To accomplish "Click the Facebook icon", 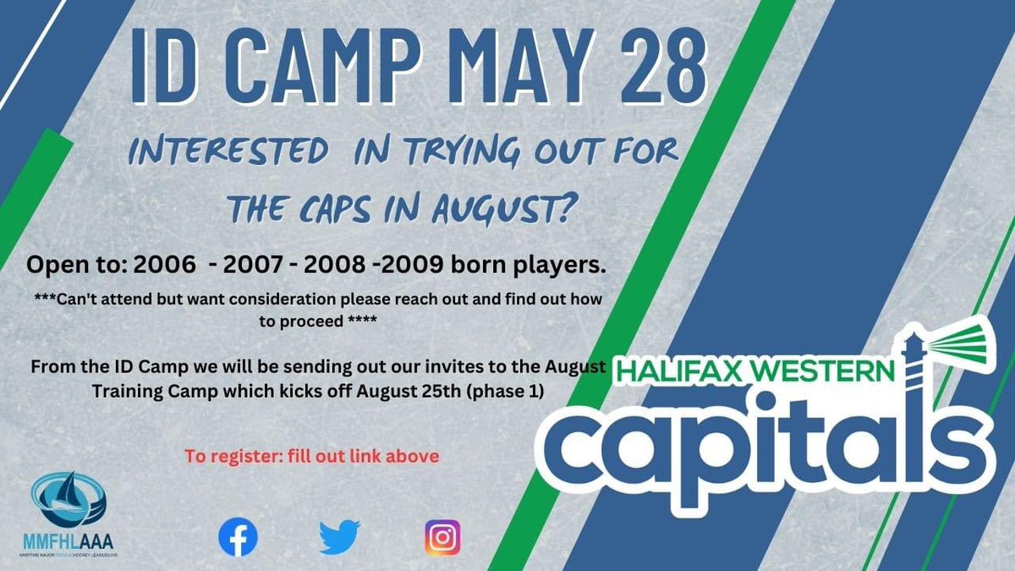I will pos(238,537).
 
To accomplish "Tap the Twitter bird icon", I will pos(340,537).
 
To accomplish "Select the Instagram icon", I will pos(442,537).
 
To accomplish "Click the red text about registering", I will pos(312,457).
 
